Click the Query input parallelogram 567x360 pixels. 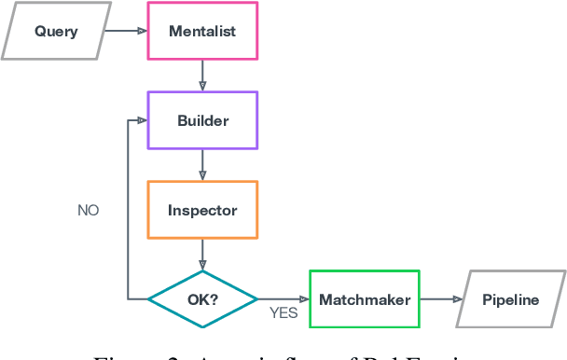point(56,32)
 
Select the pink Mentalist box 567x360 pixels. point(202,32)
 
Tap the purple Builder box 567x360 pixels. point(202,120)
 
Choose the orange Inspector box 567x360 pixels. point(202,210)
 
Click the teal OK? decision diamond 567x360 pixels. point(202,299)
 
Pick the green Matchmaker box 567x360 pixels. point(364,299)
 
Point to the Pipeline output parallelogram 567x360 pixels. point(510,299)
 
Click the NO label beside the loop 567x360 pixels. point(88,211)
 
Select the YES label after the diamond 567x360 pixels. point(283,313)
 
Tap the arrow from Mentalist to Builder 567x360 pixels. point(202,76)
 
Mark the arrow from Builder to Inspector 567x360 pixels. point(202,165)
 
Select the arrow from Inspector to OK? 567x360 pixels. point(202,255)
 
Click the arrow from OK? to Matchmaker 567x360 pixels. point(283,299)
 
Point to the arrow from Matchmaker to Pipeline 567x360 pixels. point(440,299)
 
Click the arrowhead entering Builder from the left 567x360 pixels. point(143,120)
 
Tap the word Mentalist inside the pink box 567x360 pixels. point(202,32)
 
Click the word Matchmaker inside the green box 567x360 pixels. point(364,299)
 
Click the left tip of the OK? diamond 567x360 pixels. point(149,299)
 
